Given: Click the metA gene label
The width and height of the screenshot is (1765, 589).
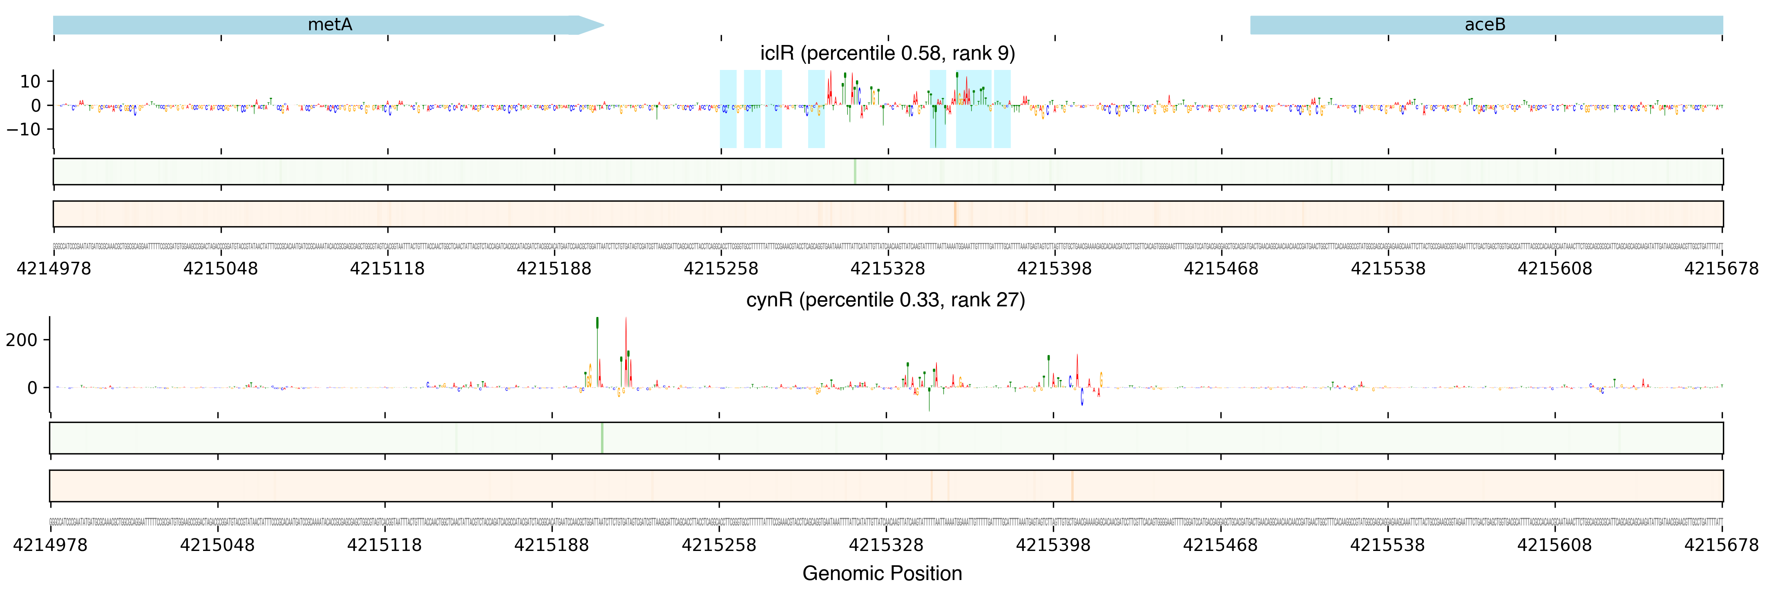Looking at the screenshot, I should point(330,25).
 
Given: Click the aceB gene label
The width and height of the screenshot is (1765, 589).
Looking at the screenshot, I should point(1485,25).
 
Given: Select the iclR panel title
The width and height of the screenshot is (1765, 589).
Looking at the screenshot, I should point(887,54).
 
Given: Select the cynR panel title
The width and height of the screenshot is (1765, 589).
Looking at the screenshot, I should point(885,300).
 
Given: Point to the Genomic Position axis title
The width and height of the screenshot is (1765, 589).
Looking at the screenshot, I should point(882,573).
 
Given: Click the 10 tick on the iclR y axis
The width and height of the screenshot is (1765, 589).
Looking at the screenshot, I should point(31,81).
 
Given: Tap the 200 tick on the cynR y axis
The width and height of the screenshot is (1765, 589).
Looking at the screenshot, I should point(22,339).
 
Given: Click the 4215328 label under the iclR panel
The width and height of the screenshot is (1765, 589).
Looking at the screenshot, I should point(887,269).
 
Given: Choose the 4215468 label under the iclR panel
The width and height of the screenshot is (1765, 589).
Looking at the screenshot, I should point(1221,269).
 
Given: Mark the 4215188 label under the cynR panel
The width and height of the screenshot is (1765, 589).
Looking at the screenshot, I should point(552,545).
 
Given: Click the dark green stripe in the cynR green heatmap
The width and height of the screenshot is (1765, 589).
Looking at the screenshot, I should point(601,438).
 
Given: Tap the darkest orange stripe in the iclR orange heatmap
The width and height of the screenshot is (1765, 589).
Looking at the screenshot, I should point(954,214).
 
